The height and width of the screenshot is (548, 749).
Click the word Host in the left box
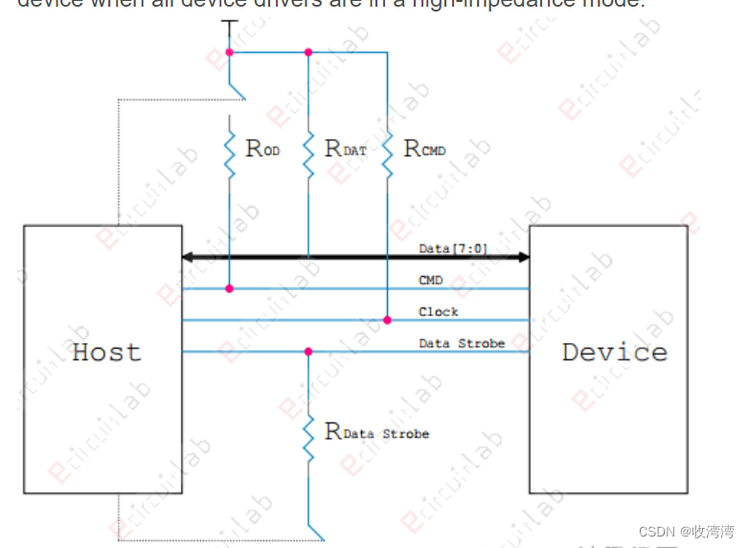pyautogui.click(x=106, y=352)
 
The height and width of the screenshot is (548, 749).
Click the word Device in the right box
pyautogui.click(x=614, y=352)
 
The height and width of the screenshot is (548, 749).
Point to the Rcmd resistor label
pyautogui.click(x=425, y=148)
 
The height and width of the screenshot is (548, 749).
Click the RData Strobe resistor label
pyautogui.click(x=377, y=432)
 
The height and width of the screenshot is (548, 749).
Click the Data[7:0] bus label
pyautogui.click(x=453, y=249)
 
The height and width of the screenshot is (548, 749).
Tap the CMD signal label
pyautogui.click(x=430, y=281)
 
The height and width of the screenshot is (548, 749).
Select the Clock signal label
pyautogui.click(x=439, y=311)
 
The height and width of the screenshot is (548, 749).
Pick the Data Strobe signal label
pyautogui.click(x=462, y=343)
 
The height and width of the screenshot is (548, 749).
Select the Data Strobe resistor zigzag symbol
pyautogui.click(x=308, y=436)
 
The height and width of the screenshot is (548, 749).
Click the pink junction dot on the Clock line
pyautogui.click(x=388, y=320)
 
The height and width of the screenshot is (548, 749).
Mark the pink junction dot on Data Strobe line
pyautogui.click(x=308, y=352)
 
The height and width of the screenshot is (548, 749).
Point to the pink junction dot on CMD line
pyautogui.click(x=230, y=288)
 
